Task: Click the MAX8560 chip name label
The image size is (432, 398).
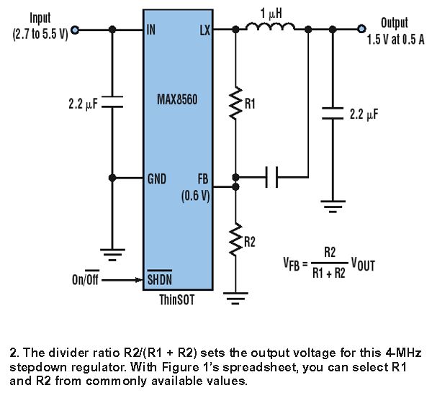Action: [x=177, y=99]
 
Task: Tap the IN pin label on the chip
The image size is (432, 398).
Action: [x=151, y=30]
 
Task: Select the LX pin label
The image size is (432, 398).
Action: [x=205, y=30]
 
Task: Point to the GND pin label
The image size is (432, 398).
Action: [x=157, y=179]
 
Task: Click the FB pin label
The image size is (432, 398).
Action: [x=203, y=179]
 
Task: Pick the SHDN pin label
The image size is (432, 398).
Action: [x=160, y=279]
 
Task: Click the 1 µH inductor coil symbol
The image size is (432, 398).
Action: [x=270, y=27]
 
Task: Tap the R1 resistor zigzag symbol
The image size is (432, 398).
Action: [x=235, y=104]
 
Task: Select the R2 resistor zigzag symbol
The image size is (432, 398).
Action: [x=235, y=240]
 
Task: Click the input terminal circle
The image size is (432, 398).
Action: [x=75, y=30]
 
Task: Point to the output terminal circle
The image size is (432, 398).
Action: [x=361, y=29]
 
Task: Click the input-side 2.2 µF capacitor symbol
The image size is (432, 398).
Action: [x=112, y=101]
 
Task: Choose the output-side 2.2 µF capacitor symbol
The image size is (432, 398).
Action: [x=333, y=113]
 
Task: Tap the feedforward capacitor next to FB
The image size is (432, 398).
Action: [x=271, y=177]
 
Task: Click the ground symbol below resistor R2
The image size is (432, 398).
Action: [x=235, y=298]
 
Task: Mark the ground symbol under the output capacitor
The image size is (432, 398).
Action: [x=333, y=207]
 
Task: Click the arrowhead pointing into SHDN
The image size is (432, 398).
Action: [x=140, y=280]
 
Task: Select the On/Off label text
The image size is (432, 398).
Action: [x=86, y=279]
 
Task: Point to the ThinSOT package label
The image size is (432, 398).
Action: [x=177, y=299]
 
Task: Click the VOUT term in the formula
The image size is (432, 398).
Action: [x=363, y=265]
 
